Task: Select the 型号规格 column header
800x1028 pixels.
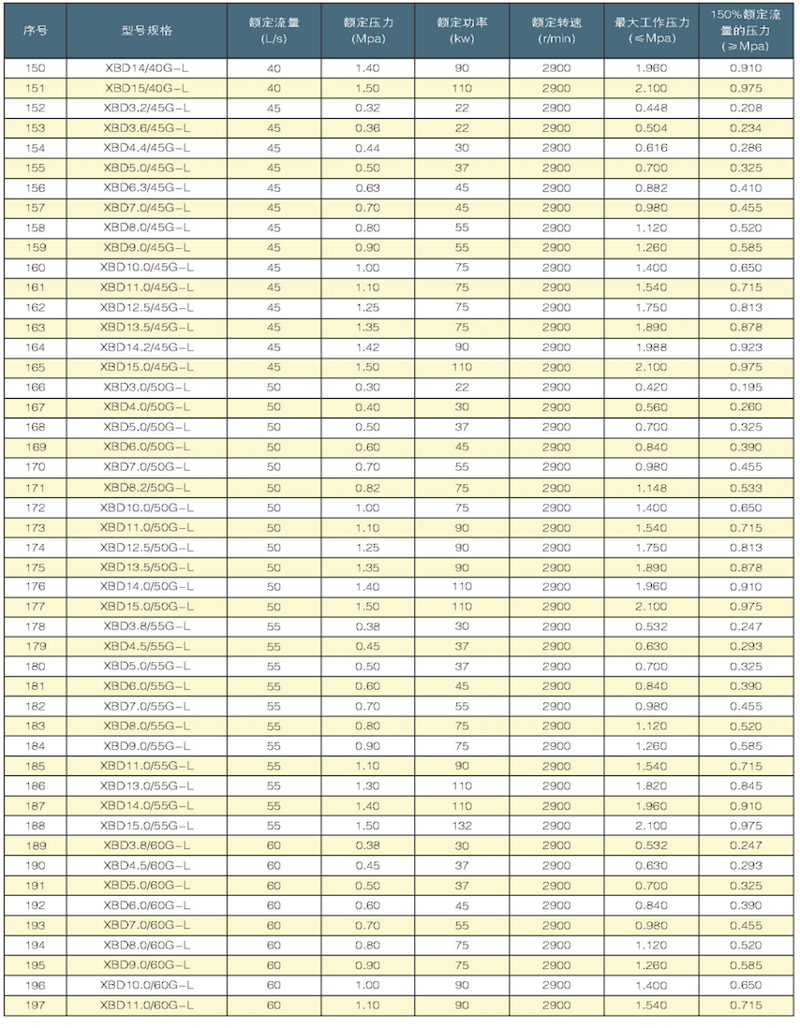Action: (x=146, y=30)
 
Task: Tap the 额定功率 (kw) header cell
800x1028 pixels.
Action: (x=461, y=30)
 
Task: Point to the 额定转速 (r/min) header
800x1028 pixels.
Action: (x=556, y=30)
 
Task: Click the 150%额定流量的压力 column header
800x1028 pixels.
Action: (x=746, y=30)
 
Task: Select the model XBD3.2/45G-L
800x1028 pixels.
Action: (x=146, y=108)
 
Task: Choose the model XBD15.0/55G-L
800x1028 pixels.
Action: (x=146, y=826)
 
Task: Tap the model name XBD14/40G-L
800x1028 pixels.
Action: (x=146, y=68)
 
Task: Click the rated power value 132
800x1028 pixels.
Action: (x=461, y=826)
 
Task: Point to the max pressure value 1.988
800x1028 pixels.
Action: (x=650, y=347)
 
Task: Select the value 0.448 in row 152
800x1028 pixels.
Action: (x=650, y=108)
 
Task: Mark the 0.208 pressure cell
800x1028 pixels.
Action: (x=746, y=108)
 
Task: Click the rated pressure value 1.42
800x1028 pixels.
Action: (x=367, y=347)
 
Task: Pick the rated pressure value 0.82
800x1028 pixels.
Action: (x=367, y=487)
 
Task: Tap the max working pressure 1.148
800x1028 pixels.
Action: (x=650, y=487)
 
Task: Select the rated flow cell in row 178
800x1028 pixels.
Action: (x=274, y=626)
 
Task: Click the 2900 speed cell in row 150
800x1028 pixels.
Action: (x=556, y=68)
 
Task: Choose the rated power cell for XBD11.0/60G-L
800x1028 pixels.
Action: (x=461, y=1006)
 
